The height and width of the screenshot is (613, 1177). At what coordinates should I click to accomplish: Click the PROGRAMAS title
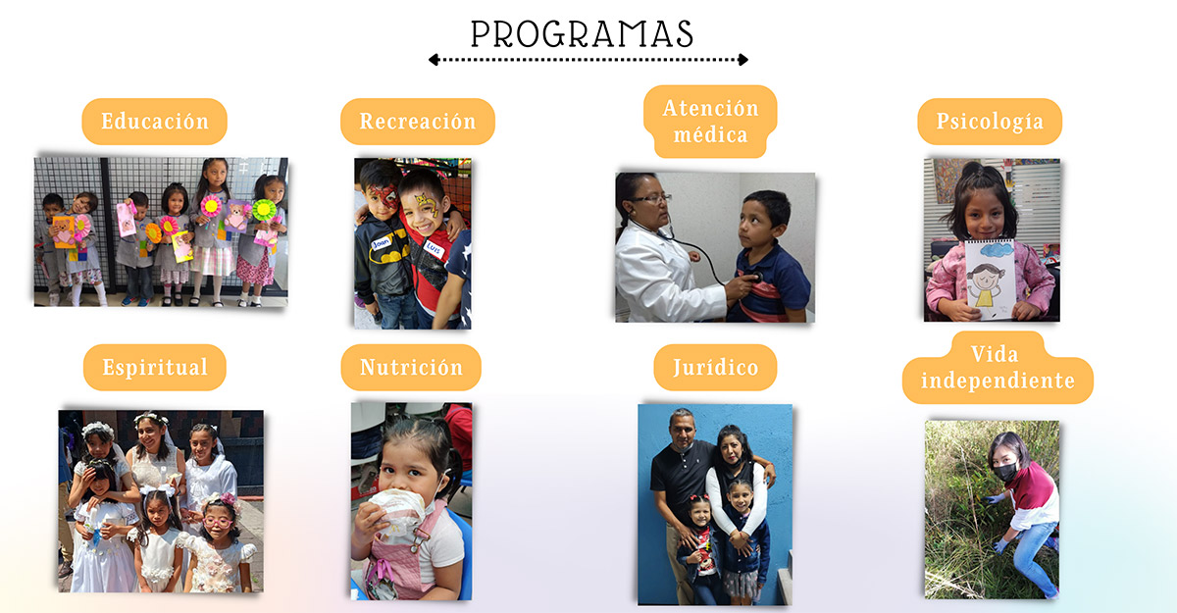tap(582, 34)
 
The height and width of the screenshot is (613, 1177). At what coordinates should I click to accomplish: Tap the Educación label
tap(155, 122)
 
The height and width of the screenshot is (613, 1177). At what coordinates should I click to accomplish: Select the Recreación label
tap(418, 122)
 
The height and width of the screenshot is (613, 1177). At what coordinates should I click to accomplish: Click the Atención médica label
tap(710, 122)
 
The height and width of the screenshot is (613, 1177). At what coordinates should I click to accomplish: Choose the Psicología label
tap(990, 122)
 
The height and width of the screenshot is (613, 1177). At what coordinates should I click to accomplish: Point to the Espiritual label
tap(155, 367)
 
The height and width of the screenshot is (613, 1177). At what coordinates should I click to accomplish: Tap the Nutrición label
tap(411, 367)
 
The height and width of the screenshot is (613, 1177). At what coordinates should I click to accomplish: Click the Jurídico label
tap(715, 367)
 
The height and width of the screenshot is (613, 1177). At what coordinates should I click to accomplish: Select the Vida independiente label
tap(998, 367)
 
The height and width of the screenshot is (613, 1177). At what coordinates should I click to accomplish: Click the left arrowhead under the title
tap(434, 60)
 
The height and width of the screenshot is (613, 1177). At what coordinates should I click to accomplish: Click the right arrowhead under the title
tap(743, 60)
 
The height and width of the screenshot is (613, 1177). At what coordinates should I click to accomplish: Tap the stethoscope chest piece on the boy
tap(756, 277)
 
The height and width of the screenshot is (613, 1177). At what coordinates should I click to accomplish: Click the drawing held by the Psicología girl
tap(991, 279)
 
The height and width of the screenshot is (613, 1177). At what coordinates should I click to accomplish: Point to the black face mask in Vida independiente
tap(1005, 472)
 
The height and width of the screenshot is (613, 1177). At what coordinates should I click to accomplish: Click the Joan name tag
tap(382, 242)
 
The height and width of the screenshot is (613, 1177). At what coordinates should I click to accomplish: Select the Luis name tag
tap(434, 247)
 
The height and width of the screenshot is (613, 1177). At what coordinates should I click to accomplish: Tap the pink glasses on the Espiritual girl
tap(218, 522)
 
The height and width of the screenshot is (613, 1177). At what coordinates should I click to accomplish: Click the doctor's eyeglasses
tap(652, 198)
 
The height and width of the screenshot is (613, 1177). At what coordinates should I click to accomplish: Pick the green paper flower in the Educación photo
tap(264, 210)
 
